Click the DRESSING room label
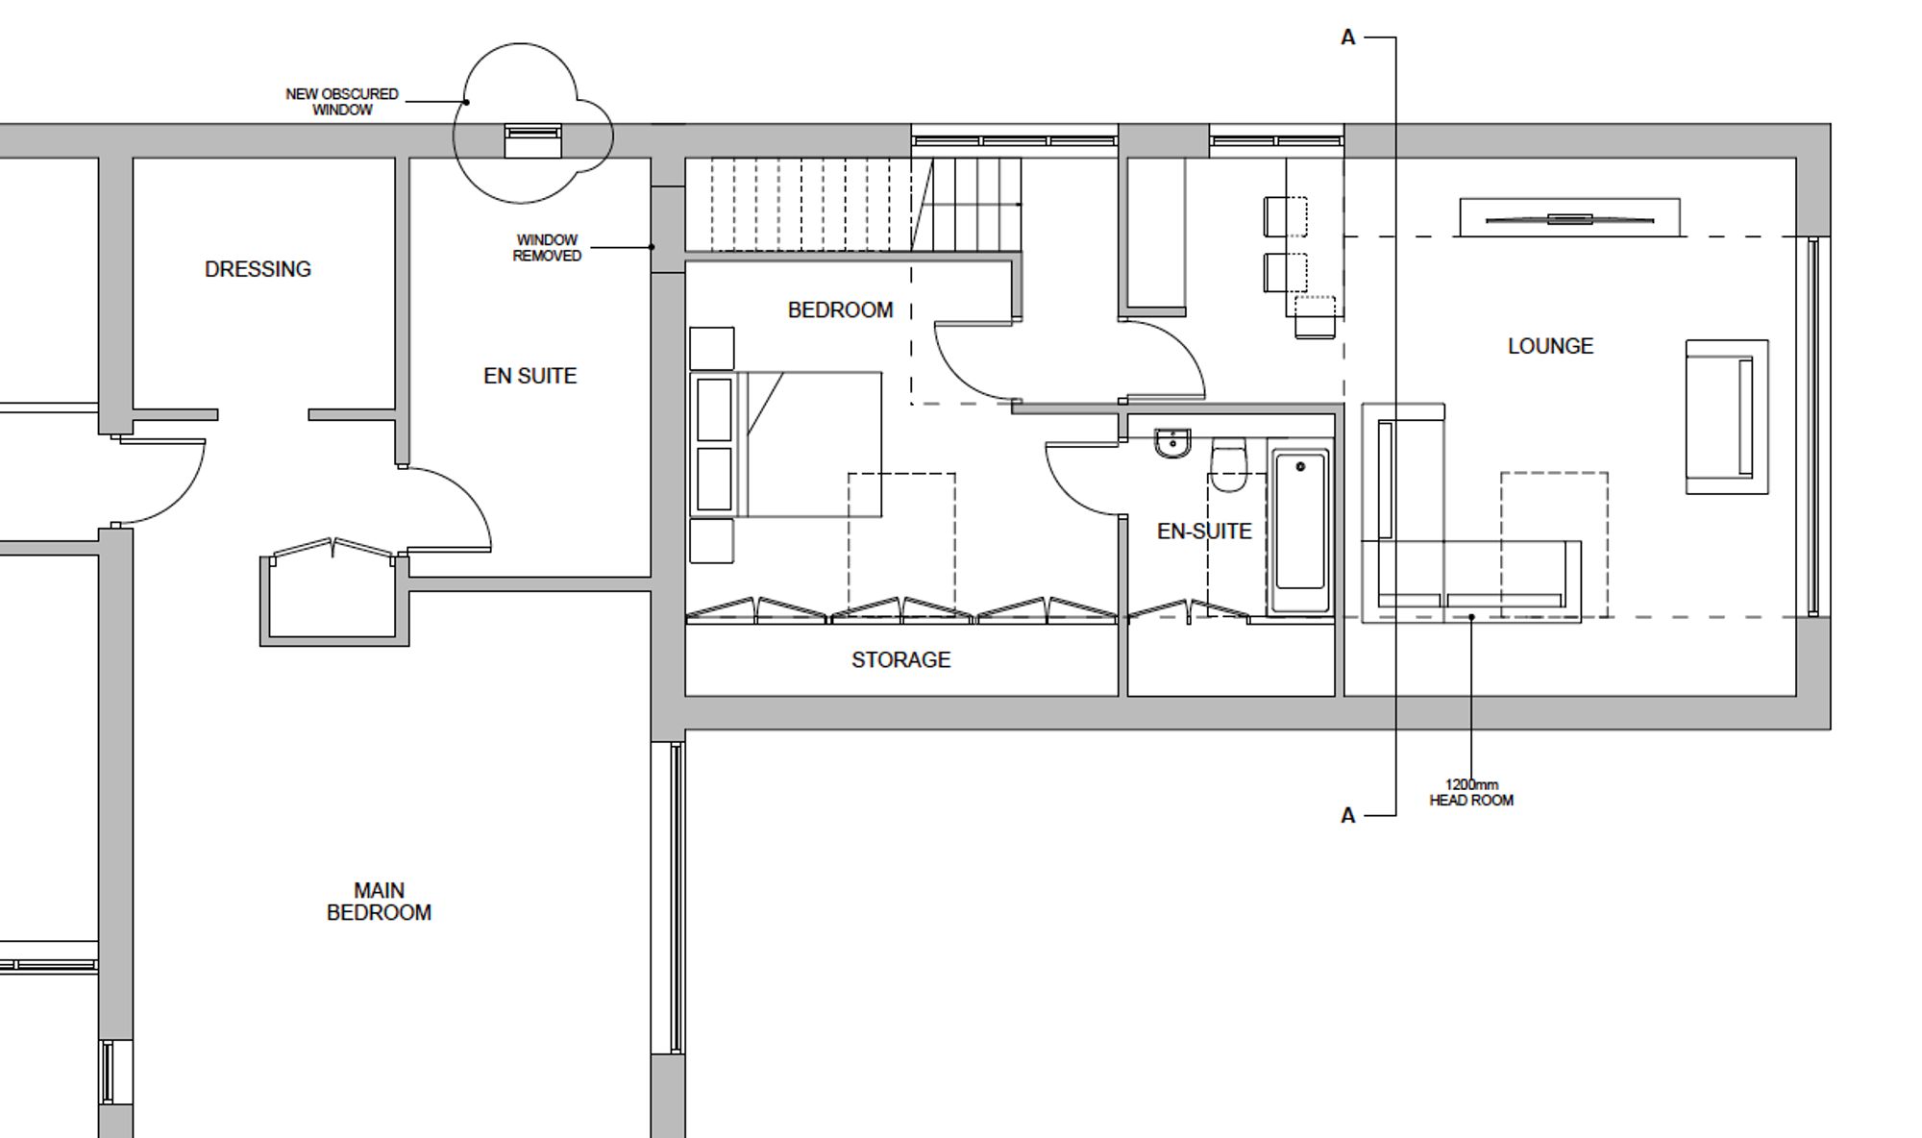(258, 269)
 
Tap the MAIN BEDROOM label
(379, 902)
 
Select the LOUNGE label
(1550, 346)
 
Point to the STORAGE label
(900, 659)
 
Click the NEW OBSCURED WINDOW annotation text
(342, 102)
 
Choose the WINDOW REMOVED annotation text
(547, 248)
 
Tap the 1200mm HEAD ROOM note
(1471, 793)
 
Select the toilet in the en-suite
(1227, 464)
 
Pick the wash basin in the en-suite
(1172, 443)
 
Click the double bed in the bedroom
(786, 444)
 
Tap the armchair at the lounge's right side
(1727, 417)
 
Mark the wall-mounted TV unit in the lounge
(1569, 218)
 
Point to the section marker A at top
(1347, 37)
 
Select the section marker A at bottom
(1347, 816)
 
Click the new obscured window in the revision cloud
(533, 140)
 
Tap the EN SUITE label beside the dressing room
(530, 376)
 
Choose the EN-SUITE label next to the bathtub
(1204, 532)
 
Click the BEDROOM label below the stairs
(840, 310)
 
